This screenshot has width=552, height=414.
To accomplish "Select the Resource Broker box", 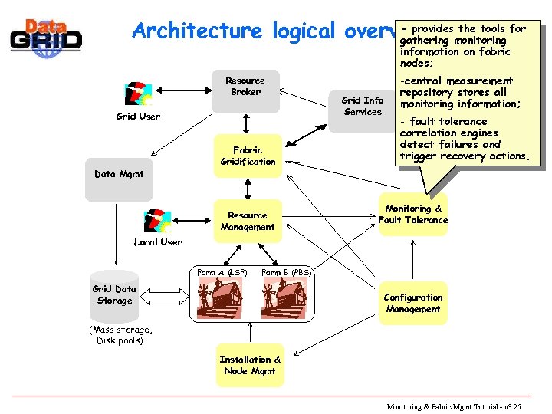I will tap(245, 90).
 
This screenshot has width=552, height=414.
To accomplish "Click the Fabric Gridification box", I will tap(248, 156).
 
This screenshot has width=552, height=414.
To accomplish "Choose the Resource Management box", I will tap(248, 221).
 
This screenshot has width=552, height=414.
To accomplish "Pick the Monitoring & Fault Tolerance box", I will tap(413, 215).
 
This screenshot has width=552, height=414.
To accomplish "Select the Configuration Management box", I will tap(413, 303).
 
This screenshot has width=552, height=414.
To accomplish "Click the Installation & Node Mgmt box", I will tap(250, 365).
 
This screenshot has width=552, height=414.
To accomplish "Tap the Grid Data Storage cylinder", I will tap(115, 295).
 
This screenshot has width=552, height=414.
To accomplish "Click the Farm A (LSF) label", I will tap(222, 273).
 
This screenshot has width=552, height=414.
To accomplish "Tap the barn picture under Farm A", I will tap(220, 299).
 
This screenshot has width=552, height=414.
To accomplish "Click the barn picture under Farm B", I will tap(284, 299).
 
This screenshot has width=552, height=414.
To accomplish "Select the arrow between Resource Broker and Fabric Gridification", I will tap(247, 123).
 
